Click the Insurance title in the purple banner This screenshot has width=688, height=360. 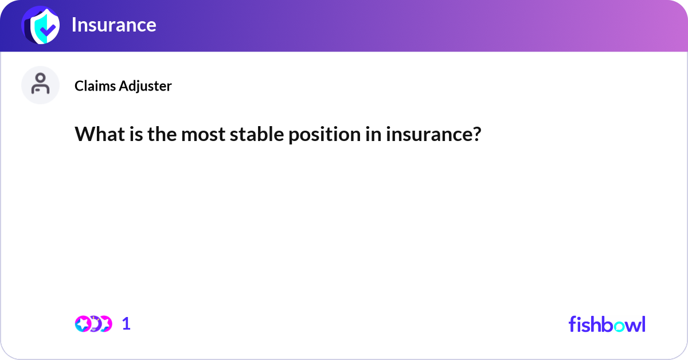(x=114, y=25)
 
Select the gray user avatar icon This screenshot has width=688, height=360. (x=40, y=85)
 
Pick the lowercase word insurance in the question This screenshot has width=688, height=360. (x=428, y=135)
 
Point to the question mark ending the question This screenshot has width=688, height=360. (x=476, y=135)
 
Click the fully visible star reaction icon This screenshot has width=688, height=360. (x=83, y=324)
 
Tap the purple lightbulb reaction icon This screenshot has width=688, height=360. (x=95, y=324)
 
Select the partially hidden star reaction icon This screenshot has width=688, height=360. (x=106, y=324)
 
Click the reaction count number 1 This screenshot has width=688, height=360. (x=126, y=324)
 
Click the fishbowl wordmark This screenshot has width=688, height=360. (x=607, y=324)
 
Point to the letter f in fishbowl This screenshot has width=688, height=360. (x=572, y=324)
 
